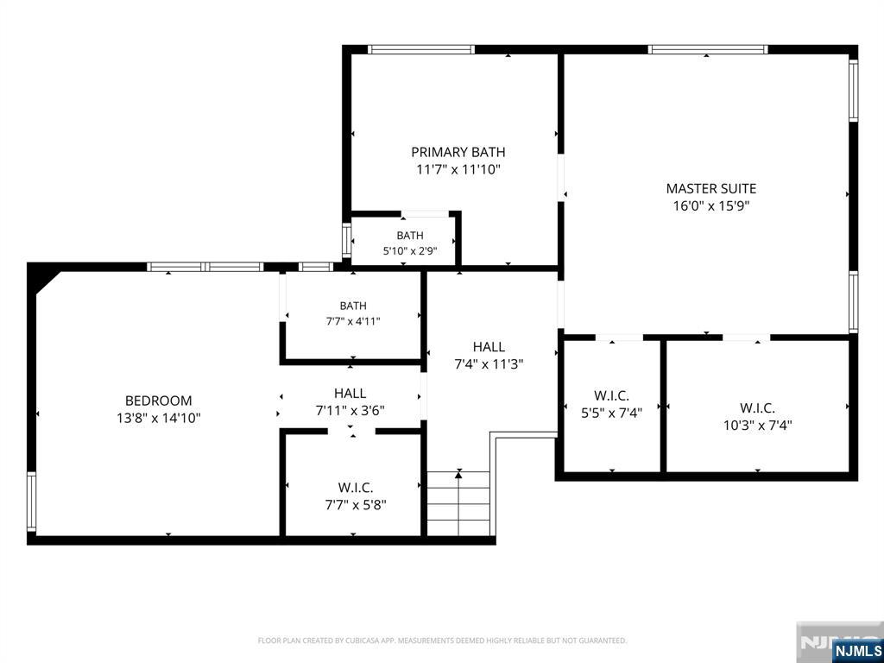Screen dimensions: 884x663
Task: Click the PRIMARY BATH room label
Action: [x=458, y=152]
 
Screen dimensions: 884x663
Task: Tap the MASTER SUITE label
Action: [x=711, y=188]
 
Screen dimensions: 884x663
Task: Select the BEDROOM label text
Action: [x=159, y=401]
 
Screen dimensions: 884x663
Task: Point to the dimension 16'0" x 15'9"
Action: [x=711, y=205]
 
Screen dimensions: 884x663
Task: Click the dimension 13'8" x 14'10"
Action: [x=159, y=419]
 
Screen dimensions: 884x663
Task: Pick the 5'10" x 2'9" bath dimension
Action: [x=410, y=251]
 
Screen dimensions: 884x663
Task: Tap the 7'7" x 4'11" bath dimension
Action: [x=353, y=321]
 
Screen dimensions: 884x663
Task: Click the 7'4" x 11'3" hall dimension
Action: [x=489, y=364]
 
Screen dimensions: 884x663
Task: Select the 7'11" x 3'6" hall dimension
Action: [x=350, y=410]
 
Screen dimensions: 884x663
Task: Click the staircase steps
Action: [x=458, y=503]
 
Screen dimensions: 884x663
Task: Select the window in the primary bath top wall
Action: [x=421, y=49]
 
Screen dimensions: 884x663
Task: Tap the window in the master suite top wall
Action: [x=708, y=49]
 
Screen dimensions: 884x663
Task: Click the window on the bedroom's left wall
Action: [x=32, y=502]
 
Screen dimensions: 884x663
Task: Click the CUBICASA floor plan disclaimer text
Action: [x=442, y=641]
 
